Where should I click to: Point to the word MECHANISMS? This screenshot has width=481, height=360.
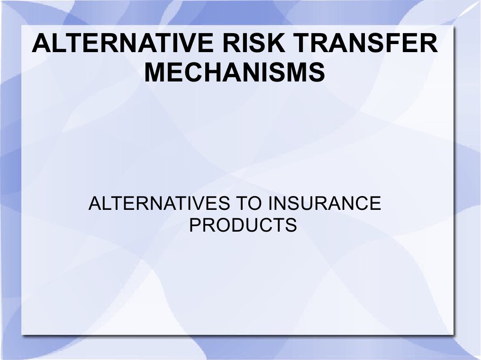[235, 73]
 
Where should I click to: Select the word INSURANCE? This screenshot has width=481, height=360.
[325, 204]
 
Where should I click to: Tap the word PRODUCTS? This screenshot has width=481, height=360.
[243, 225]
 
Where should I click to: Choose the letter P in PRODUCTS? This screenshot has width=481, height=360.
[195, 225]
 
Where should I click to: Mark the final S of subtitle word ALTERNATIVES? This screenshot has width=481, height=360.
[219, 204]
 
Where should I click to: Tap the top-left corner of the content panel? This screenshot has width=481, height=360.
[22, 27]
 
